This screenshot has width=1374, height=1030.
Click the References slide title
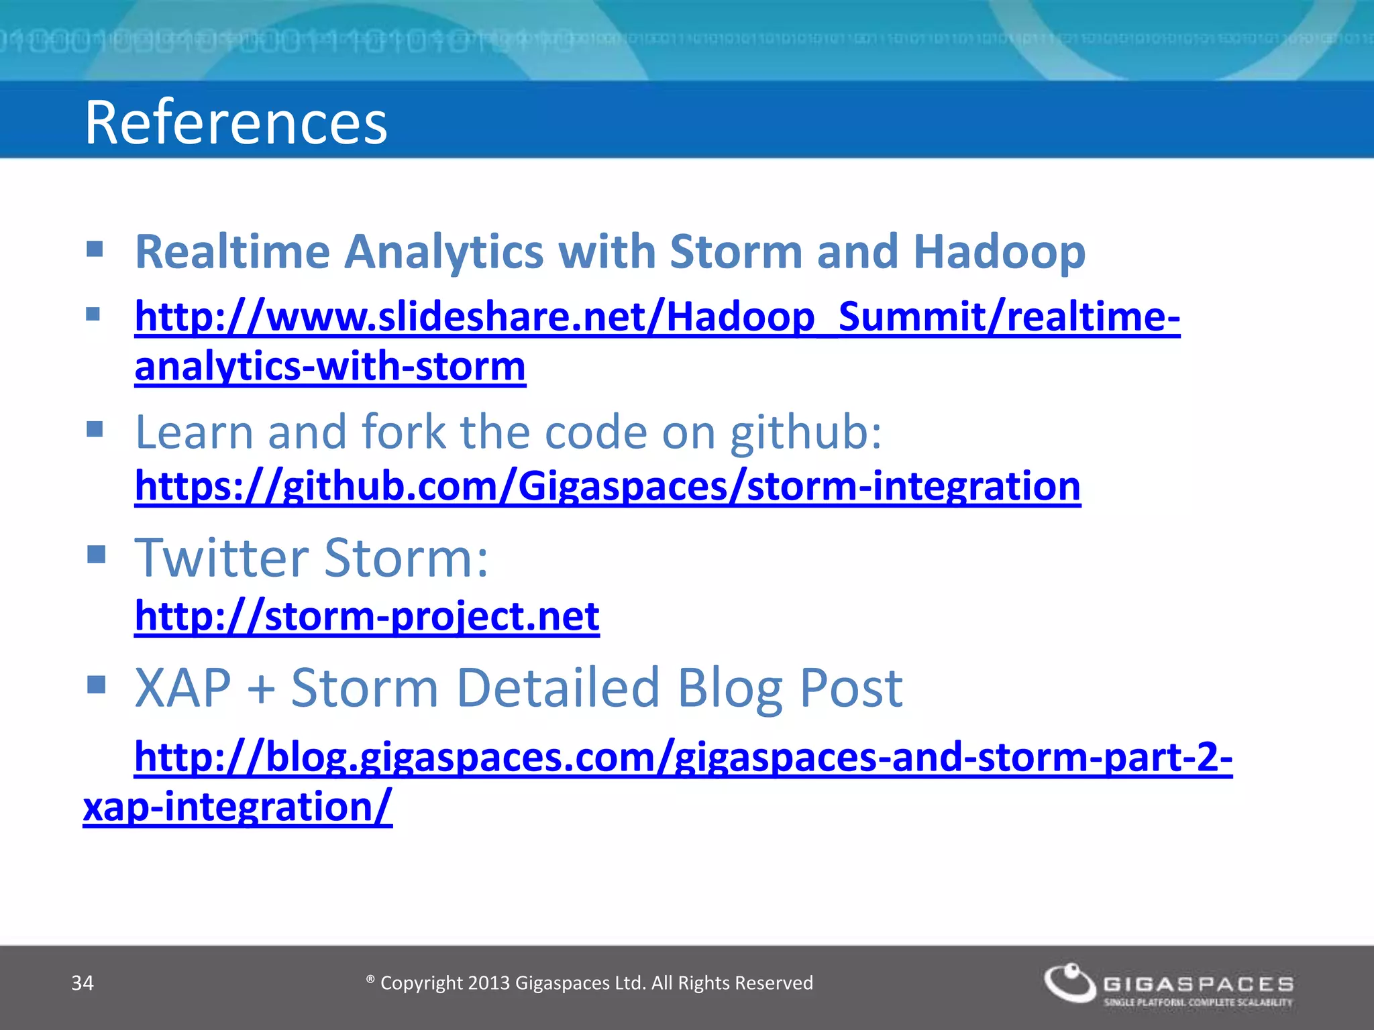tap(235, 123)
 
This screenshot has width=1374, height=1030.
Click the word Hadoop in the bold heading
tap(999, 253)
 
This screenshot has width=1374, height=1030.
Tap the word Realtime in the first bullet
tap(232, 253)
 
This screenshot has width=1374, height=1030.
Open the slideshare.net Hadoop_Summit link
tap(657, 317)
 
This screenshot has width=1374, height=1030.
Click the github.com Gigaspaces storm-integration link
tap(607, 486)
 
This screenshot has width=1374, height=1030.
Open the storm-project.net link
tap(367, 616)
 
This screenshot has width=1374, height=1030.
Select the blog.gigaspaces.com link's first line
tap(683, 757)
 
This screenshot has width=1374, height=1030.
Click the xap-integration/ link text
tap(237, 807)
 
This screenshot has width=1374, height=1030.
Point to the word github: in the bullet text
tap(805, 433)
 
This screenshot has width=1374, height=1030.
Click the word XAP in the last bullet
tap(182, 688)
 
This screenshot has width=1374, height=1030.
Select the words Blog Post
tap(789, 688)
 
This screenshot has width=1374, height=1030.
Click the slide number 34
tap(83, 983)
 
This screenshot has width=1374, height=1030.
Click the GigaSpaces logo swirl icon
tap(1069, 983)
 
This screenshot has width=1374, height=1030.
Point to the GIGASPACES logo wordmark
tap(1198, 984)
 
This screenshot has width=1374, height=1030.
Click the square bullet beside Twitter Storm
tap(97, 555)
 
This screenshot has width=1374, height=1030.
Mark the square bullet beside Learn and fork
tap(95, 428)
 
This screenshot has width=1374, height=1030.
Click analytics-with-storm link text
tap(330, 367)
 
